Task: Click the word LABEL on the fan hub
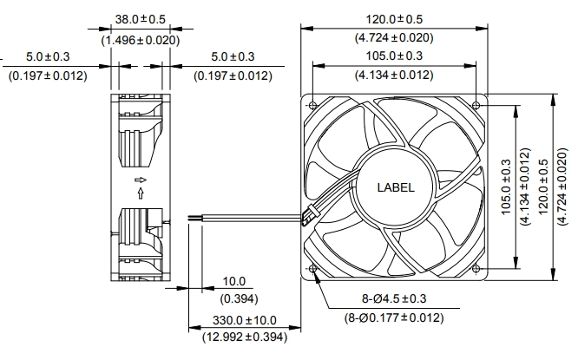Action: pyautogui.click(x=396, y=187)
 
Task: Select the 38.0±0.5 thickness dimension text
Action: pyautogui.click(x=141, y=19)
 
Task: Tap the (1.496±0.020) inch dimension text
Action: pyautogui.click(x=141, y=40)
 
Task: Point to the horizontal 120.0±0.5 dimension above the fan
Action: pyautogui.click(x=394, y=19)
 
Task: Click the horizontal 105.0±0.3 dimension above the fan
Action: pyautogui.click(x=394, y=56)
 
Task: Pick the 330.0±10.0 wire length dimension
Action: pyautogui.click(x=245, y=320)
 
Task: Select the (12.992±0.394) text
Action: pyautogui.click(x=245, y=337)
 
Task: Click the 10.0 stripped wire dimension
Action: pyautogui.click(x=234, y=282)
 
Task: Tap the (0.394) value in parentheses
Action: pyautogui.click(x=239, y=298)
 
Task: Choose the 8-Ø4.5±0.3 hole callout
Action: pyautogui.click(x=394, y=298)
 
